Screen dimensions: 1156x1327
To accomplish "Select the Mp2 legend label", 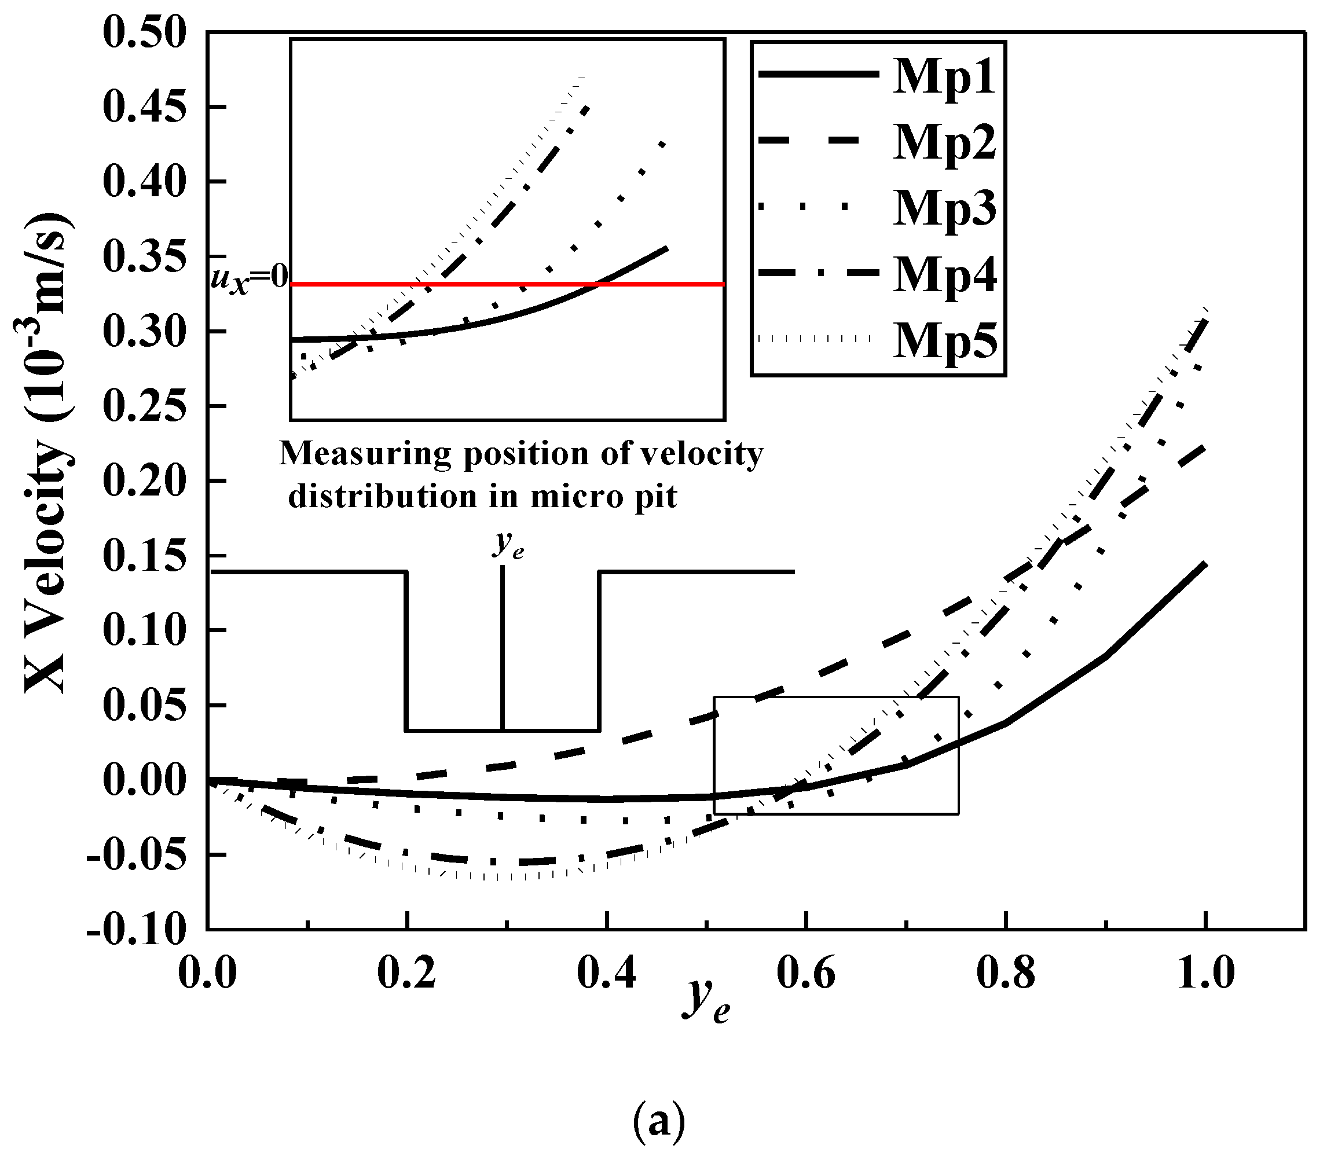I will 944,143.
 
